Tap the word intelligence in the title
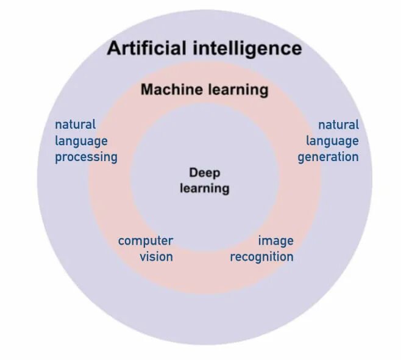pyautogui.click(x=243, y=49)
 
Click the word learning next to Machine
pyautogui.click(x=236, y=90)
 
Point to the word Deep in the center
pyautogui.click(x=204, y=173)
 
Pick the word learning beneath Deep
pyautogui.click(x=205, y=188)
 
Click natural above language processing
pyautogui.click(x=75, y=124)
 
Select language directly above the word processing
pyautogui.click(x=81, y=142)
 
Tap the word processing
pyautogui.click(x=86, y=157)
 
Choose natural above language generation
pyautogui.click(x=338, y=124)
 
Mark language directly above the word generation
pyautogui.click(x=332, y=142)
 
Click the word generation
pyautogui.click(x=328, y=157)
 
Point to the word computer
pyautogui.click(x=146, y=241)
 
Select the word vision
pyautogui.click(x=156, y=257)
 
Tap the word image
pyautogui.click(x=275, y=241)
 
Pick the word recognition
pyautogui.click(x=261, y=257)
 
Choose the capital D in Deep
pyautogui.click(x=193, y=173)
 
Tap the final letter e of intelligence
pyautogui.click(x=296, y=49)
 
